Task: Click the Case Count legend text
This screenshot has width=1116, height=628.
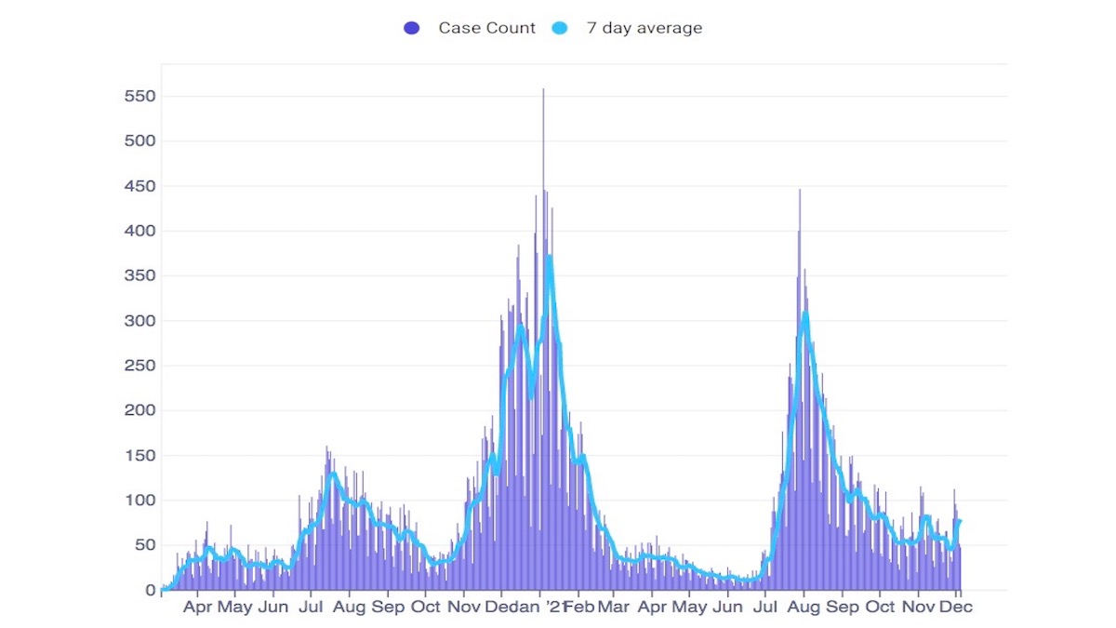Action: pos(486,28)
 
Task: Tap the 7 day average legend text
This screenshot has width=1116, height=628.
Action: pos(644,28)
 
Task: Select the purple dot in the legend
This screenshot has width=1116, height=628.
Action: pos(412,28)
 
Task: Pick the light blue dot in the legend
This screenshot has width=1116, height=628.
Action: pos(561,28)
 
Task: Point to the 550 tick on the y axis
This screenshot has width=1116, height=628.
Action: pos(139,97)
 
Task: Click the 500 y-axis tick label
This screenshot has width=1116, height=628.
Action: pos(139,141)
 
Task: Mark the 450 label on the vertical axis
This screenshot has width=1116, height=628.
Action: pos(139,186)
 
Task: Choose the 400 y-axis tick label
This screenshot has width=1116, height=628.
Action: pos(139,231)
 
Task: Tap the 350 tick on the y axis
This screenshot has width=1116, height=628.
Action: pos(139,276)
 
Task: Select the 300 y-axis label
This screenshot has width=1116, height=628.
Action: pos(139,321)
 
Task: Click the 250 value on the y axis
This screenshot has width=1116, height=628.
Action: pos(139,366)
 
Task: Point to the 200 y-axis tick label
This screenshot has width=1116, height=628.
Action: pos(139,410)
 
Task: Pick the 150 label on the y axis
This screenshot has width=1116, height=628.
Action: pos(139,456)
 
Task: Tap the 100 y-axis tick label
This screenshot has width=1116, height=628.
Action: pos(139,501)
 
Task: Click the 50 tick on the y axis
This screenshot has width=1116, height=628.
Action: pos(143,545)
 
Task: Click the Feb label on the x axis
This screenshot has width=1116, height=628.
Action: pos(579,607)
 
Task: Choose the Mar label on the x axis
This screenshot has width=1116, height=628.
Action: pos(613,607)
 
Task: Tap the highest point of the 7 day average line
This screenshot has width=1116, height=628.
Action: pos(550,256)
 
